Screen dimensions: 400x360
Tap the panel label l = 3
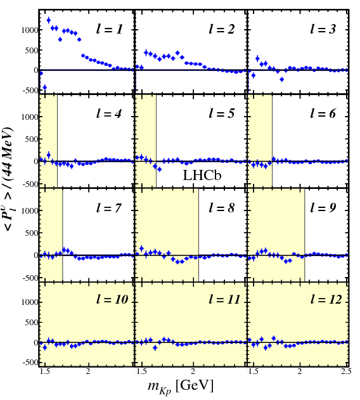point(326,29)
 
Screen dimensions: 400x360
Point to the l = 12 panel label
point(325,299)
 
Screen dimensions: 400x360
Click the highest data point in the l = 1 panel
point(49,20)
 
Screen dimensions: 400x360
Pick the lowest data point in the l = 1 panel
point(44,87)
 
